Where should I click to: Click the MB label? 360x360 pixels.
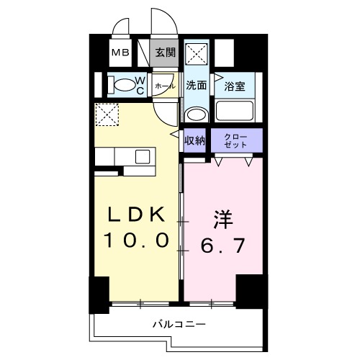[x=120, y=53]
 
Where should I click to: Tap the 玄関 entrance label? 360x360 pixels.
[x=165, y=53]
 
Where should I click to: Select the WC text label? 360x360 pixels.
[x=140, y=86]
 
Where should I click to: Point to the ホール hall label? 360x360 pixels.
[x=164, y=85]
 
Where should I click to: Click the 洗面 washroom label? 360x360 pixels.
[x=197, y=85]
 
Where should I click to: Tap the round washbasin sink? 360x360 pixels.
[x=195, y=114]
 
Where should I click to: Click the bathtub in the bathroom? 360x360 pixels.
[x=234, y=112]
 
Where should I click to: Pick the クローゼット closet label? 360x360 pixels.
[x=235, y=140]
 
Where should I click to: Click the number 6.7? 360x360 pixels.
[x=219, y=246]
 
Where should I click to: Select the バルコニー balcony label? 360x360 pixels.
[x=178, y=324]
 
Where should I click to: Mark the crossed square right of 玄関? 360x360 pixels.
[x=197, y=53]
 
